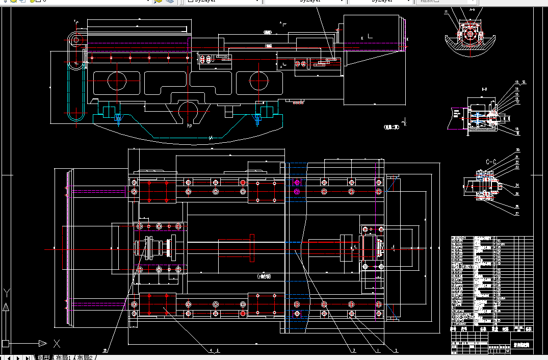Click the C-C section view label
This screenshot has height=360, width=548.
click(x=491, y=162)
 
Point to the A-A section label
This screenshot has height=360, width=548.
click(x=472, y=10)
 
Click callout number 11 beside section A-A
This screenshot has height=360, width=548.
click(x=446, y=12)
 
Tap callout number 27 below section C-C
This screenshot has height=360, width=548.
click(x=517, y=214)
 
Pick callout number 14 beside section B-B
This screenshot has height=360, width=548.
click(x=516, y=88)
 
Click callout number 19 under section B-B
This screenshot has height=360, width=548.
click(x=517, y=134)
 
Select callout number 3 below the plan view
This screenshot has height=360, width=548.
click(x=354, y=350)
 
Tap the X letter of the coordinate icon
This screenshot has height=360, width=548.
click(x=57, y=343)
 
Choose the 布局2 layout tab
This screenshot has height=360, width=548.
click(x=85, y=357)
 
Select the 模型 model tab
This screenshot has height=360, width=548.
click(x=43, y=357)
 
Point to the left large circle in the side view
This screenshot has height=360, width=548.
click(x=117, y=81)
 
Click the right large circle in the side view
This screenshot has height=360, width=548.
click(x=259, y=81)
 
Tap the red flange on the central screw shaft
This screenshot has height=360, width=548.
click(x=252, y=247)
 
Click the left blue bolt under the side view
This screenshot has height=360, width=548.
click(x=118, y=119)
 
